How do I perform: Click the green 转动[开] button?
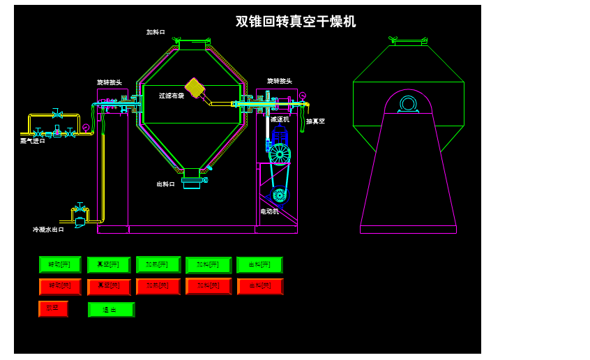click(60, 264)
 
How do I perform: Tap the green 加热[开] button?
click(158, 264)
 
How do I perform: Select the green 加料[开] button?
click(209, 265)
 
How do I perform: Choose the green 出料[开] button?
click(259, 265)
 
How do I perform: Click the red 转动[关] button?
click(60, 287)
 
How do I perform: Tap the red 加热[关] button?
click(158, 287)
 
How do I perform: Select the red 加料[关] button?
click(209, 286)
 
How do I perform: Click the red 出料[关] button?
click(260, 287)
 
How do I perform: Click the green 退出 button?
click(111, 310)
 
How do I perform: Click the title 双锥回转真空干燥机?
click(296, 22)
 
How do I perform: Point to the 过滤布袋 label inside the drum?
click(171, 96)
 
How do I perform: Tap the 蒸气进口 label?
click(33, 141)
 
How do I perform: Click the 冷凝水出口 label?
click(48, 230)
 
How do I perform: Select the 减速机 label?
click(280, 119)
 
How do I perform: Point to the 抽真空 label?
click(315, 121)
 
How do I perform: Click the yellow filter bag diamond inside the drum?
click(195, 88)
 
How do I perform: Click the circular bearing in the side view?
click(408, 104)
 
